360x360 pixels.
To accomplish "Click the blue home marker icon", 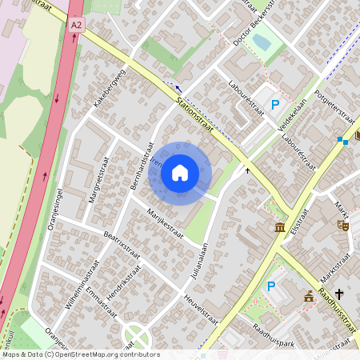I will coord(180,173).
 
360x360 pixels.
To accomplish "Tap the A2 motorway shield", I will coord(76,26).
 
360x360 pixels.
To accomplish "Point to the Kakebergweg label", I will coord(110,88).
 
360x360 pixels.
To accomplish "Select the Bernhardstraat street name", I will coord(141,169).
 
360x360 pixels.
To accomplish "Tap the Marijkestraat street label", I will coord(166,223).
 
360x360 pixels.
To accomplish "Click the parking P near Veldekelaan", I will coord(276,104).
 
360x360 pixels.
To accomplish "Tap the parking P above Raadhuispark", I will coord(270,286).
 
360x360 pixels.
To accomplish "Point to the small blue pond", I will coord(262,44).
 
